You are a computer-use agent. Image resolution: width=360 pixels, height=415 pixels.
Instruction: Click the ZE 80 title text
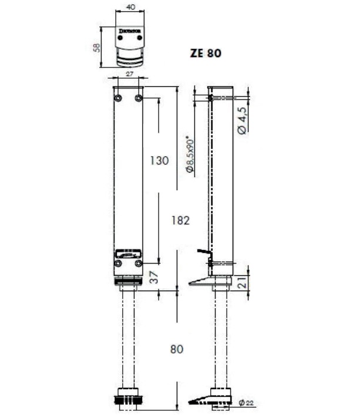click(x=206, y=53)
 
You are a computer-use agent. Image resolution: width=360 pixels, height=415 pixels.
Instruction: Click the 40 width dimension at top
click(x=130, y=7)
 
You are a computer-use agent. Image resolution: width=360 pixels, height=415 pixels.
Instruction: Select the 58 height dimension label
click(x=97, y=48)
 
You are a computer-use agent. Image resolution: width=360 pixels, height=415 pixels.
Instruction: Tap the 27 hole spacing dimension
click(x=129, y=74)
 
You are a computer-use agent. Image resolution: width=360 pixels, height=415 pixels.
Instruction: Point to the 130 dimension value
click(x=159, y=161)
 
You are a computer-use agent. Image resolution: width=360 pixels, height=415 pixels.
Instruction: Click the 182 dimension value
click(x=180, y=221)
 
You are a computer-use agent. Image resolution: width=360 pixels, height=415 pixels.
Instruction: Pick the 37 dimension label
click(x=154, y=277)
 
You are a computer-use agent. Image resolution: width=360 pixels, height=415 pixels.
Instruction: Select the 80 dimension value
click(x=177, y=349)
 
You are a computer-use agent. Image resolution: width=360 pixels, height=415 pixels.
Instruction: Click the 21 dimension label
click(x=243, y=282)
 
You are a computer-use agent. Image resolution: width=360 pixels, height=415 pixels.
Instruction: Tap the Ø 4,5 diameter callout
click(x=242, y=121)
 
